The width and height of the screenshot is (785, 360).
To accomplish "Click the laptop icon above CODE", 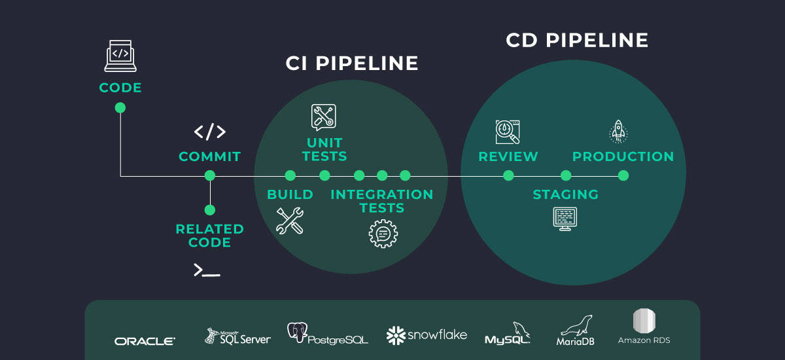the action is [120, 56].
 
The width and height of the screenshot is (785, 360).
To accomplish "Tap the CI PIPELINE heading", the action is [352, 63].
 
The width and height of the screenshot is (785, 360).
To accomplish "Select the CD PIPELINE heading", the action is [577, 40].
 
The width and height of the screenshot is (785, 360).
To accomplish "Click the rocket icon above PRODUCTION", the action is [619, 132].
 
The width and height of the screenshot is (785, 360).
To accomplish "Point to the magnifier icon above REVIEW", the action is [508, 132].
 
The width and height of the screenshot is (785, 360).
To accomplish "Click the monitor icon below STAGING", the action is [565, 219].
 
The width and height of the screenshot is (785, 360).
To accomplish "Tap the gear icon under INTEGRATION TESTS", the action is [383, 234].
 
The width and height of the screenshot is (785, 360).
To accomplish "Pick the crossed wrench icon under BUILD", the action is [290, 221].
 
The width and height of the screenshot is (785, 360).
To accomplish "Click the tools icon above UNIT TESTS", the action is [323, 117].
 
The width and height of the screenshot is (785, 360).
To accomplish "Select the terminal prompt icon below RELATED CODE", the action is [207, 270].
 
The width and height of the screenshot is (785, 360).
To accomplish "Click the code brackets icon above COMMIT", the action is [210, 132].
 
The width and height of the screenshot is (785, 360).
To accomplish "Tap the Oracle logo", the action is [145, 341].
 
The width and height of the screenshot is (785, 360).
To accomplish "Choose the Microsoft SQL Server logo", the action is [237, 336].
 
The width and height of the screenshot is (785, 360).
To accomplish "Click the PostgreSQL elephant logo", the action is [327, 333].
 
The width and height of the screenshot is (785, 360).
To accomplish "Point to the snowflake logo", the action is [427, 335].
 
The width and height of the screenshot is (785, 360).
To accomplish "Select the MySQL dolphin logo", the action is [507, 333].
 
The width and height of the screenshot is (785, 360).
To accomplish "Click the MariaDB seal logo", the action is [576, 330].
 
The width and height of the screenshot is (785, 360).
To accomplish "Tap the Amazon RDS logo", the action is [644, 327].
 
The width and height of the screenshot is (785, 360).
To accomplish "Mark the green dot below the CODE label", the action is [120, 107].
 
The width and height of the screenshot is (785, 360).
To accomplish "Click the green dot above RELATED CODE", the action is [210, 210].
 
